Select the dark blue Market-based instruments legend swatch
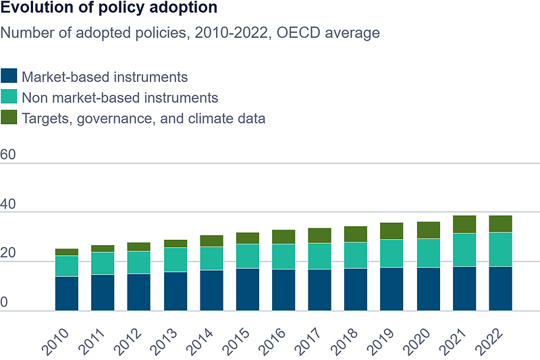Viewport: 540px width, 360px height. click(9, 76)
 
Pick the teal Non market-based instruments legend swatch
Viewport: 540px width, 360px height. click(9, 97)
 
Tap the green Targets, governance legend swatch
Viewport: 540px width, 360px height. click(9, 118)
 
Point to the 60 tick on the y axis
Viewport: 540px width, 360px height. click(8, 155)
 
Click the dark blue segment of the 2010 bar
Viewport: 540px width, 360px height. click(67, 293)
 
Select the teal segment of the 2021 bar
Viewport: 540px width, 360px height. click(464, 250)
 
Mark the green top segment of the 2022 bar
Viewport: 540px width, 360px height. click(500, 224)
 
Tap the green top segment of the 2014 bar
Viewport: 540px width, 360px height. click(211, 241)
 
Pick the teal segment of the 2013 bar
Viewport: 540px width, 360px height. click(175, 260)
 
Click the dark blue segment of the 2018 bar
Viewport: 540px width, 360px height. click(356, 290)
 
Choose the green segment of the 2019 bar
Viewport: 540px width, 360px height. click(392, 231)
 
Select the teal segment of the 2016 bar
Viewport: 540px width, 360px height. click(283, 257)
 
